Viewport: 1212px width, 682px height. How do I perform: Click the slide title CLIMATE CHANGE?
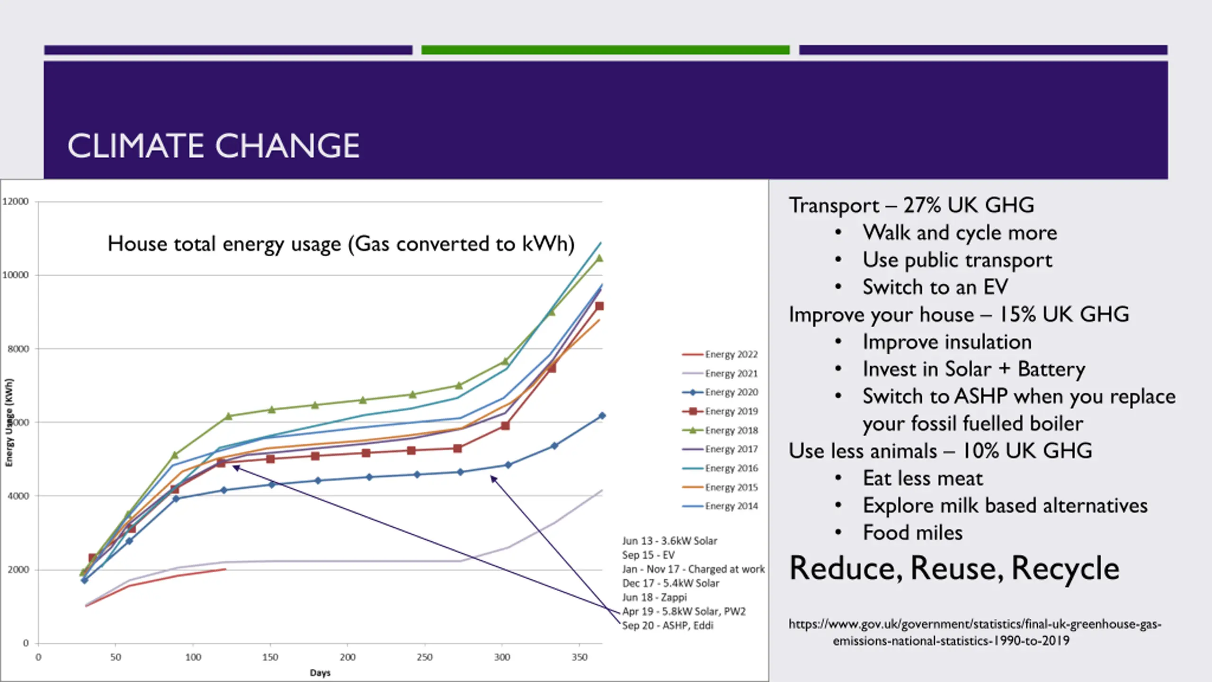213,145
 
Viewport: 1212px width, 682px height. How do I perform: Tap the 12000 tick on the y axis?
16,202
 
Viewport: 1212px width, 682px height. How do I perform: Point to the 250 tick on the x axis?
425,657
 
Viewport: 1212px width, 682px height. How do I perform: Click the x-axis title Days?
320,673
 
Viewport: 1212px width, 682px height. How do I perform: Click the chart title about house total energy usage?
341,244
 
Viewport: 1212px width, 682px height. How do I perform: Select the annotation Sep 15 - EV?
648,555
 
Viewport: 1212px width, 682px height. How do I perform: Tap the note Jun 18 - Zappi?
654,598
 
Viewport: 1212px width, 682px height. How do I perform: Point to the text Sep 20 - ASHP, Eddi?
668,626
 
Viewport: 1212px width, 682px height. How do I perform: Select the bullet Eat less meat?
923,478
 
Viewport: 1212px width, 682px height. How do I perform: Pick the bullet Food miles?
913,533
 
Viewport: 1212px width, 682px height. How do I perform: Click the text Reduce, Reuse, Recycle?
954,568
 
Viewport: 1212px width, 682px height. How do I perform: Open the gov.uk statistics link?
974,632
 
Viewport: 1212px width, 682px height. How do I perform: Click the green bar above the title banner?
605,50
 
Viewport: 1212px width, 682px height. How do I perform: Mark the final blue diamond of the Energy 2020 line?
602,416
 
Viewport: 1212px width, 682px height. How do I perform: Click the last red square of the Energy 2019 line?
599,306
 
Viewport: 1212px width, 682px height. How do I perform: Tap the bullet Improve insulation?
947,342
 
